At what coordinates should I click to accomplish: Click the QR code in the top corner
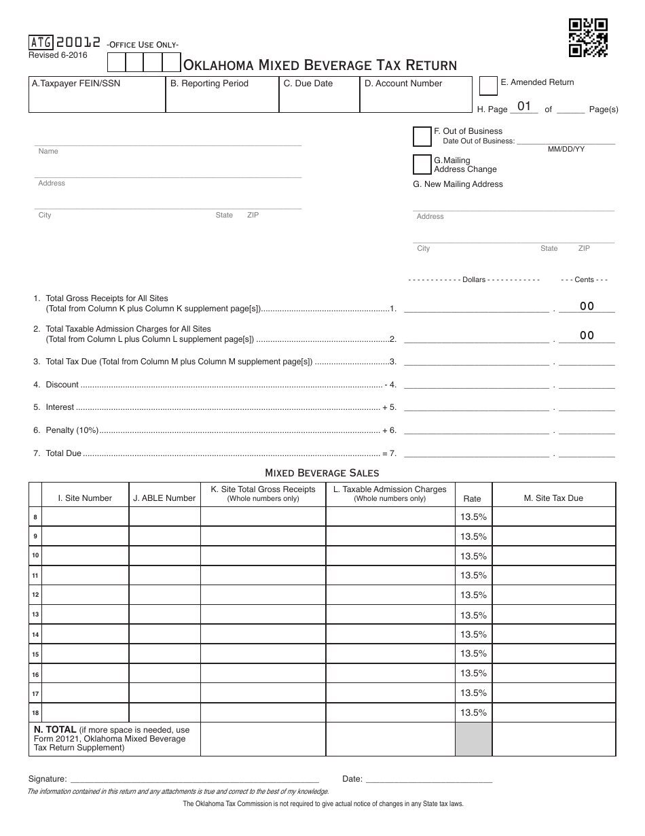[588, 37]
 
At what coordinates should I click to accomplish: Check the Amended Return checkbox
[487, 86]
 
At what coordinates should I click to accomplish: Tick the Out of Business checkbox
[422, 136]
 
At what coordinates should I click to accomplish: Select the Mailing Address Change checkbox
[422, 164]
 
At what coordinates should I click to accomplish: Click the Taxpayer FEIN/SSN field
[96, 99]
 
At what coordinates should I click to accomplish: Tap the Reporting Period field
[222, 99]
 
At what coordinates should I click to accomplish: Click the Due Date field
[318, 99]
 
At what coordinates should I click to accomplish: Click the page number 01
[524, 107]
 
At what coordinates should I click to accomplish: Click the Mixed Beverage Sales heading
[322, 472]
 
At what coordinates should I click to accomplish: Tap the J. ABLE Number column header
[164, 498]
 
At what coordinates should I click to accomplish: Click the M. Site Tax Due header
[553, 498]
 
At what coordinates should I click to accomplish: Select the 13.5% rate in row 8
[473, 517]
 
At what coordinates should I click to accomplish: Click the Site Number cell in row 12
[85, 595]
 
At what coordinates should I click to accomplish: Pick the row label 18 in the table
[35, 713]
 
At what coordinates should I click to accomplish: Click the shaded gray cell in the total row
[473, 739]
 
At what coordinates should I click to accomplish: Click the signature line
[194, 778]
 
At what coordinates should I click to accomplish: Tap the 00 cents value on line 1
[587, 307]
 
